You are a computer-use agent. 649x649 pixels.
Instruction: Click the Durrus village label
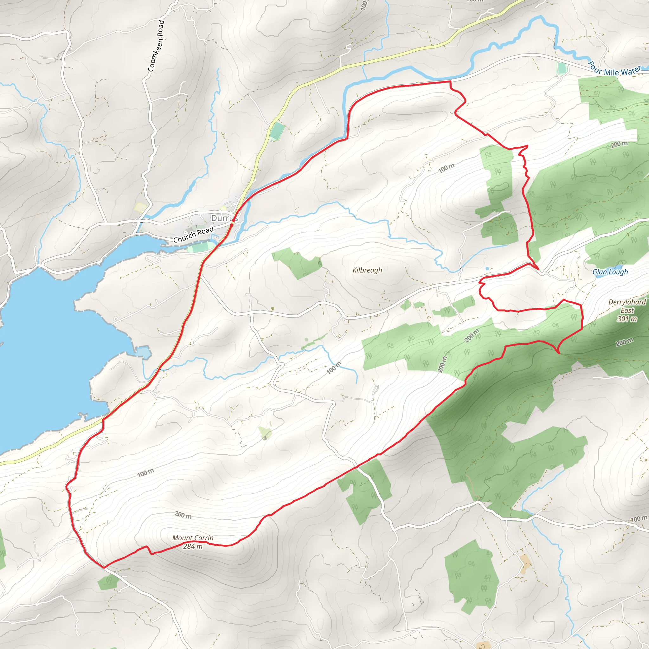(224, 218)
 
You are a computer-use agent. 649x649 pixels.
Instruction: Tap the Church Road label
(193, 235)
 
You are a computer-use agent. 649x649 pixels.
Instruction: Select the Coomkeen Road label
(156, 46)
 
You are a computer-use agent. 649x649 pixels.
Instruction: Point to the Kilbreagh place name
(367, 270)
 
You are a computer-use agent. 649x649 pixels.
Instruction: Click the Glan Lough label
(610, 272)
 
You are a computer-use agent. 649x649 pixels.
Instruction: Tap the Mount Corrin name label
(193, 538)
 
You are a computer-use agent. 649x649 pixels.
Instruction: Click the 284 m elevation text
(193, 546)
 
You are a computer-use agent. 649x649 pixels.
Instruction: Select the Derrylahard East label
(627, 306)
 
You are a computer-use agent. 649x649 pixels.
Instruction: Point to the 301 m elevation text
(627, 319)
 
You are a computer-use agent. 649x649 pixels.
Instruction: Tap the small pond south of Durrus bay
(144, 352)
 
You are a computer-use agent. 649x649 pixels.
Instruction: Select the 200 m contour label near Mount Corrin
(183, 515)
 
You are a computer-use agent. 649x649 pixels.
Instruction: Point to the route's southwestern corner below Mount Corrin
(104, 567)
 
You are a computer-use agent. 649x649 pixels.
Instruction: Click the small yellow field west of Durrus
(140, 207)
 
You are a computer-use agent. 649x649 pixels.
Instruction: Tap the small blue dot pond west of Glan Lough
(487, 269)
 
